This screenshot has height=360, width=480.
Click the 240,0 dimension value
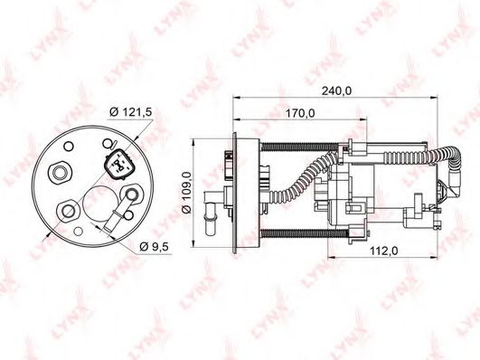pos(337,90)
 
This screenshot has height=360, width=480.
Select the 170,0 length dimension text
pos(298,113)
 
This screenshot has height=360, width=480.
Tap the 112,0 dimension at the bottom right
pos(386,252)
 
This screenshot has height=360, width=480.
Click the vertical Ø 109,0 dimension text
pos(186,193)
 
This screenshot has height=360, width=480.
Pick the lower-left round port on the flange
pos(68,213)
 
